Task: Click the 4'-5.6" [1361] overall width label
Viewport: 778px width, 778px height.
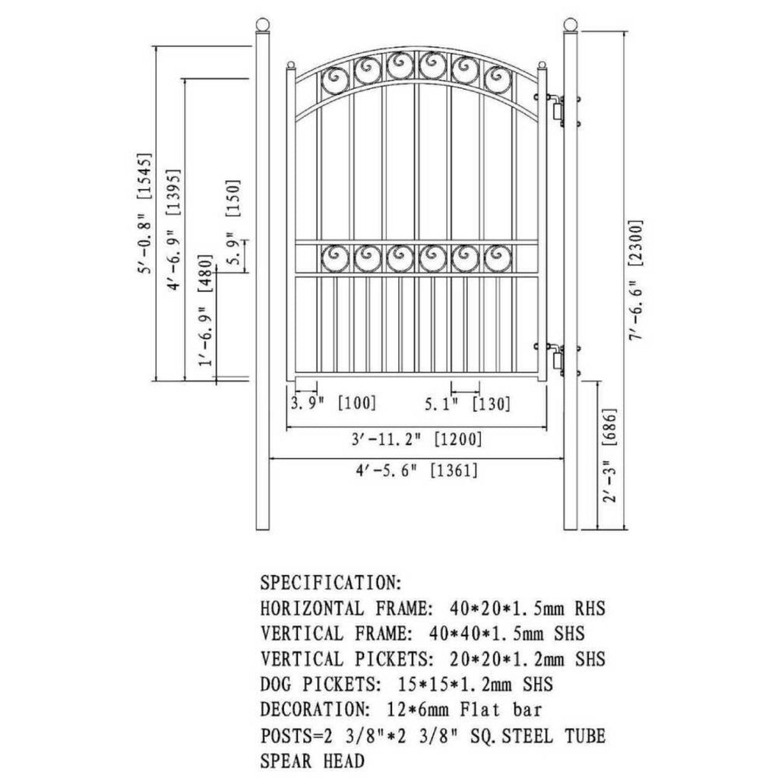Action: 416,470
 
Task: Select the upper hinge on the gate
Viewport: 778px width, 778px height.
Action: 557,109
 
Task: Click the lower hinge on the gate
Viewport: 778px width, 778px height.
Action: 557,360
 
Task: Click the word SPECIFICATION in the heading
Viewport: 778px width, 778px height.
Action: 330,583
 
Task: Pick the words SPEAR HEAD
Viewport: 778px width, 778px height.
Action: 312,760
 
